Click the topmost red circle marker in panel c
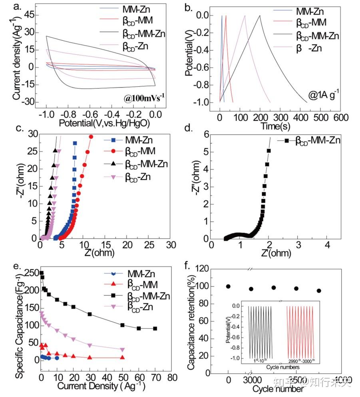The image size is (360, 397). pos(91,137)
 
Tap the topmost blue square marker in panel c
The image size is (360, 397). pos(75,143)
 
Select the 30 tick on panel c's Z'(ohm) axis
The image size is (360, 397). pos(171,244)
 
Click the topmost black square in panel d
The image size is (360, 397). pos(269,151)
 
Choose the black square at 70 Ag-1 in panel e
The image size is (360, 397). pos(155,328)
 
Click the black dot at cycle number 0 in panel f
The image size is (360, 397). pos(228,286)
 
